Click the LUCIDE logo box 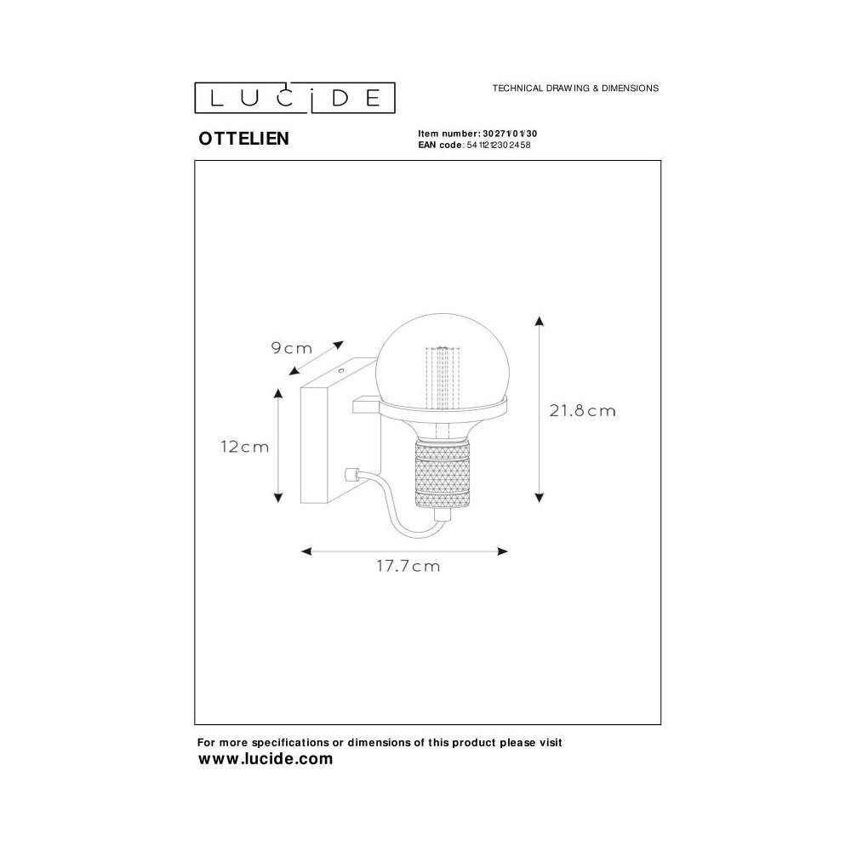click(x=294, y=98)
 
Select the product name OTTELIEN click(x=243, y=139)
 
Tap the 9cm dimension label click(x=291, y=348)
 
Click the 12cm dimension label click(x=245, y=447)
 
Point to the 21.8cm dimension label click(x=582, y=410)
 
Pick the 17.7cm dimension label click(x=408, y=566)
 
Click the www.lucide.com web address click(x=266, y=759)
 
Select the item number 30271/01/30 click(x=510, y=134)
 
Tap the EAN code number click(x=498, y=145)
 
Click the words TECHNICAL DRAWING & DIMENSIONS click(x=575, y=88)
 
